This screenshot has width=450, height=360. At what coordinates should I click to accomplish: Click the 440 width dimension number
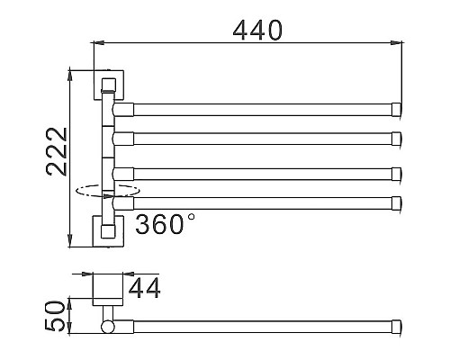[257, 29]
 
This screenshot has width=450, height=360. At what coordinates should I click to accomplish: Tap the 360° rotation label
[165, 224]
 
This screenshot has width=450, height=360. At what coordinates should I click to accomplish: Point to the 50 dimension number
[55, 316]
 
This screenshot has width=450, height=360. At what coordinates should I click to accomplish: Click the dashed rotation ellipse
[108, 190]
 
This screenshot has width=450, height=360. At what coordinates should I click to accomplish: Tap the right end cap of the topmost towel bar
[397, 111]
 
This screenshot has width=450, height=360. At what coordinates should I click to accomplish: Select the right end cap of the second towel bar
[397, 137]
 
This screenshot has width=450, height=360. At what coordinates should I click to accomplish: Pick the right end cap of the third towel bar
[397, 171]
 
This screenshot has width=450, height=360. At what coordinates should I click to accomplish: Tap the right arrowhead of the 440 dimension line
[398, 41]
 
